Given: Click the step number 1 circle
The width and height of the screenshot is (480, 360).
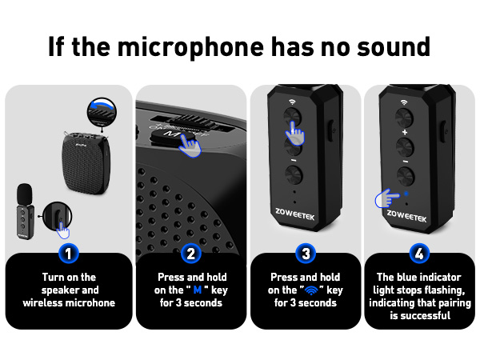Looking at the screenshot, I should pyautogui.click(x=69, y=254).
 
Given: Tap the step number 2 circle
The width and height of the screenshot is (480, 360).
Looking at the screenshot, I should pyautogui.click(x=190, y=254).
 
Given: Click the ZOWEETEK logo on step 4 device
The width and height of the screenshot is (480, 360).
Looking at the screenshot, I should pyautogui.click(x=407, y=214).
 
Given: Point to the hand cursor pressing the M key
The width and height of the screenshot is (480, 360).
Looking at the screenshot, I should pyautogui.click(x=190, y=144).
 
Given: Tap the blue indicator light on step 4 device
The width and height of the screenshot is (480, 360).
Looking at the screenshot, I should pyautogui.click(x=407, y=194).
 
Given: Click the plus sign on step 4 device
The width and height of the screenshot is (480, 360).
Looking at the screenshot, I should pyautogui.click(x=405, y=132).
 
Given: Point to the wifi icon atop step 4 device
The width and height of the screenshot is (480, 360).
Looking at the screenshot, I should pyautogui.click(x=405, y=102).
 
